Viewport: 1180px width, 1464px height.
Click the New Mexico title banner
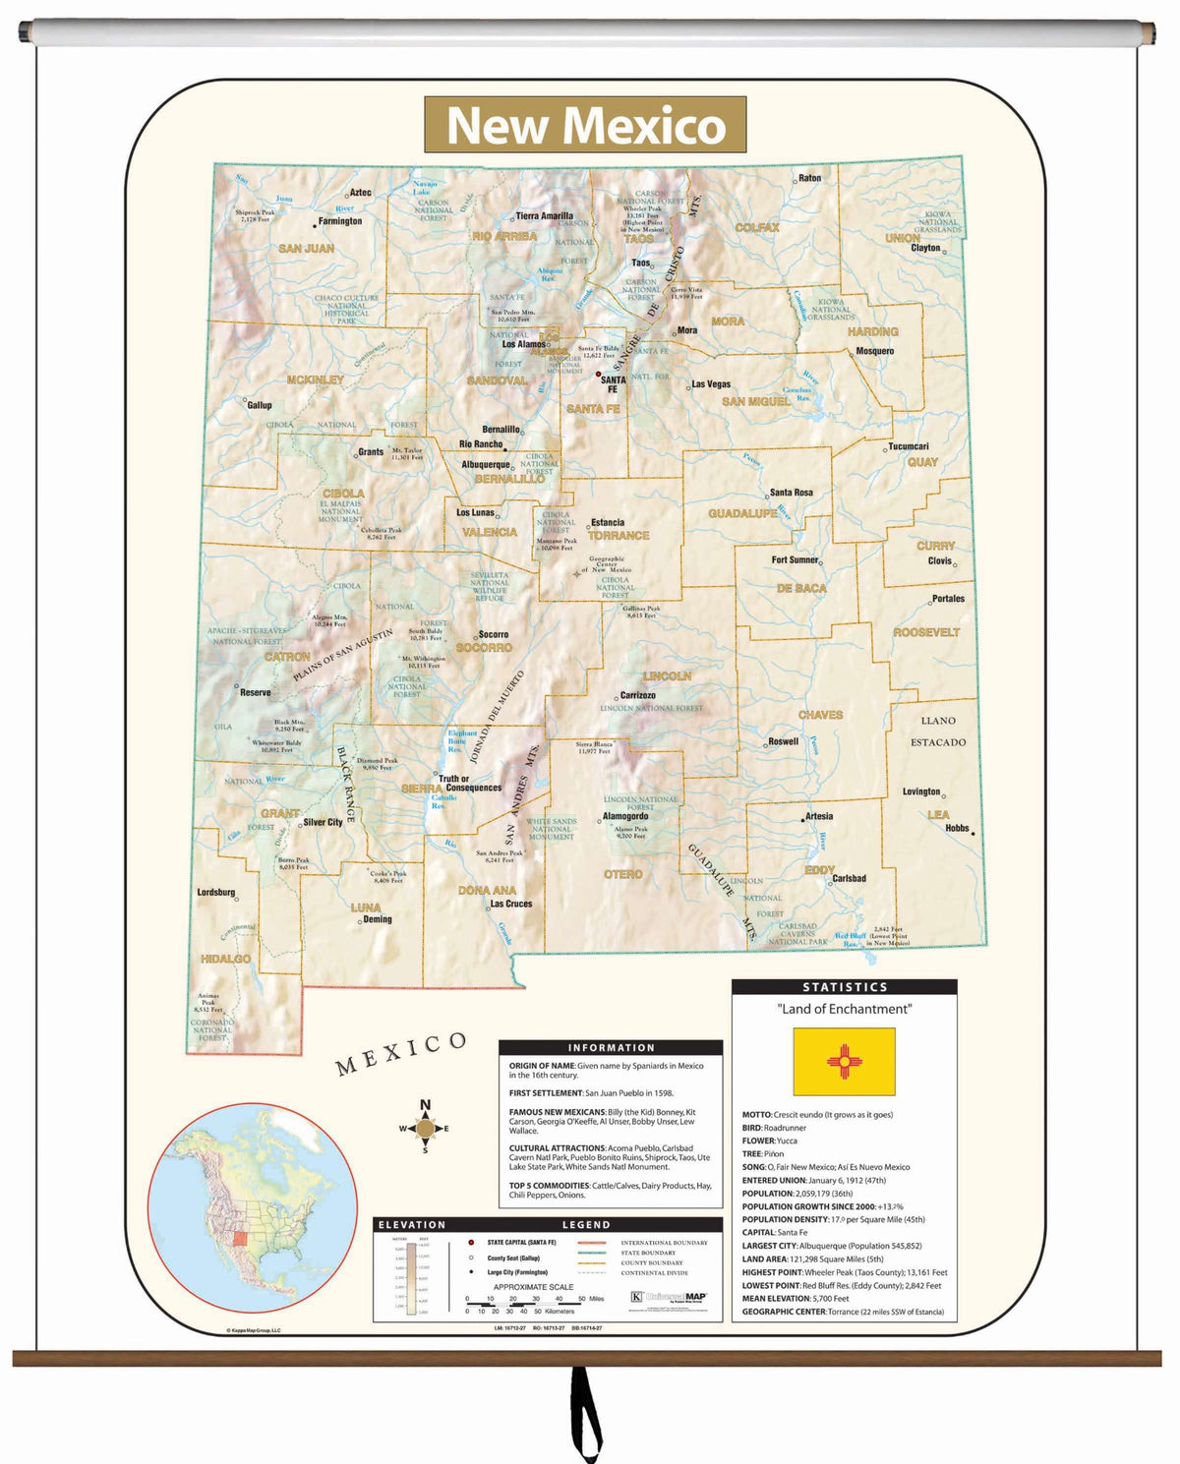[585, 125]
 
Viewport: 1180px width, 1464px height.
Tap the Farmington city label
[339, 222]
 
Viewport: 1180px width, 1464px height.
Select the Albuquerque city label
[486, 465]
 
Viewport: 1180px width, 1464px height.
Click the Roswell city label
[783, 741]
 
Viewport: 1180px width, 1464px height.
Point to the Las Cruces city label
[510, 904]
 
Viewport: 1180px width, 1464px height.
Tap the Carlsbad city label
[849, 878]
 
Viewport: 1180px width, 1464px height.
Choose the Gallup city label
[260, 405]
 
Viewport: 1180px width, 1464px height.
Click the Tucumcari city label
[908, 446]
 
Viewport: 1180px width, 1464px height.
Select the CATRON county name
[287, 656]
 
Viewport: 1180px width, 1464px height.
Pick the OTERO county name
[622, 874]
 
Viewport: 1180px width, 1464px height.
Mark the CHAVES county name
[820, 715]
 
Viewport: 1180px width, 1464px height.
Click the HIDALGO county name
[225, 959]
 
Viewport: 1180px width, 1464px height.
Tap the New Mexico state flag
[844, 1062]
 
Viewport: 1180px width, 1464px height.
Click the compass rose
[425, 1129]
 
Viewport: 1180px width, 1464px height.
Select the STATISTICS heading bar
[844, 987]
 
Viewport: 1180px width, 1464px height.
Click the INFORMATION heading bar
[610, 1048]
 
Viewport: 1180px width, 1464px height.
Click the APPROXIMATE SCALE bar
[534, 1299]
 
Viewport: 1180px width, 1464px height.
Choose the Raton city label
[809, 178]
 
